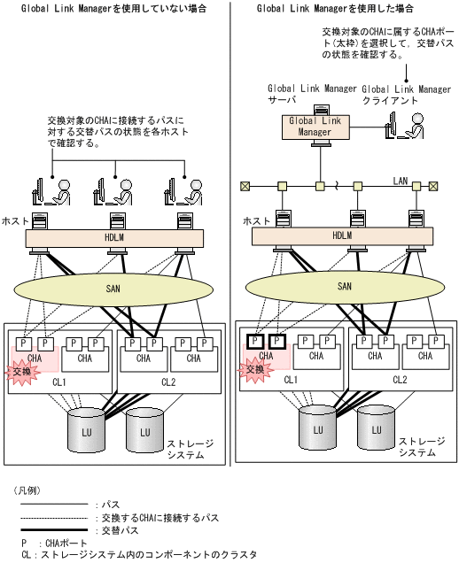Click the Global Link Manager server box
[x=315, y=127]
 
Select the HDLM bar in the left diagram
[x=114, y=238]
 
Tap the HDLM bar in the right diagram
[x=342, y=235]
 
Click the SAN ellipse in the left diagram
[x=113, y=289]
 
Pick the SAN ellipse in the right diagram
[x=345, y=287]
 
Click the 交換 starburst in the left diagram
[x=23, y=372]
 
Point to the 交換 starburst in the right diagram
[x=254, y=370]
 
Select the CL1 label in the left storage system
[x=59, y=382]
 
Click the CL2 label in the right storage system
[x=400, y=380]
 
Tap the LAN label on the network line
[x=401, y=181]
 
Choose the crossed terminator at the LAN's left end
[x=245, y=186]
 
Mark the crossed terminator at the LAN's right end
[x=433, y=186]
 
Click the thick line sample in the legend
[x=54, y=529]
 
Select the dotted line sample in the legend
[x=54, y=518]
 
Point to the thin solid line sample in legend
[x=54, y=505]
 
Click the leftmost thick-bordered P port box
[x=255, y=341]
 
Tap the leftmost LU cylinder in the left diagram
[x=86, y=430]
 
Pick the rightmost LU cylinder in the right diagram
[x=377, y=428]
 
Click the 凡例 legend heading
[x=27, y=490]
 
